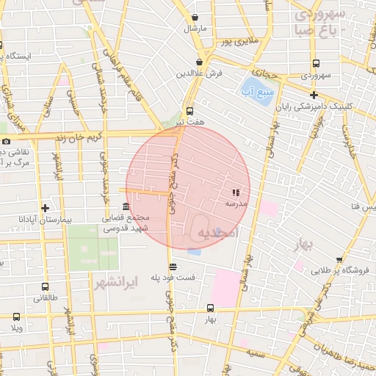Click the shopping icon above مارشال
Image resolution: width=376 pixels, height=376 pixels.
[195, 18]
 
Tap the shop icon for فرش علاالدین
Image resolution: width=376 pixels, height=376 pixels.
[200, 63]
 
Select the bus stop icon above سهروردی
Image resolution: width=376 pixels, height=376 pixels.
[316, 64]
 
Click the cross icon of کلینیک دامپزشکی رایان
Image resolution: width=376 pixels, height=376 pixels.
[314, 95]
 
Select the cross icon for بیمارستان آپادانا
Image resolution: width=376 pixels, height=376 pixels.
[46, 208]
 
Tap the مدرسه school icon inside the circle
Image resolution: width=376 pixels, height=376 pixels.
[235, 192]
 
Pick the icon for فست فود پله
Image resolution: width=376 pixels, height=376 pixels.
[173, 267]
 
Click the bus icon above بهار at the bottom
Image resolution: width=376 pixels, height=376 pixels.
[211, 308]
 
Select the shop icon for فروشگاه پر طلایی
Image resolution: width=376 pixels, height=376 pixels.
[339, 259]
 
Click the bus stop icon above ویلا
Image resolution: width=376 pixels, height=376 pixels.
[16, 317]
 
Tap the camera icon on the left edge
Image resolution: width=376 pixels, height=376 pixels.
[6, 141]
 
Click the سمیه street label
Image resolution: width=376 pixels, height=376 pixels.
[256, 354]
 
